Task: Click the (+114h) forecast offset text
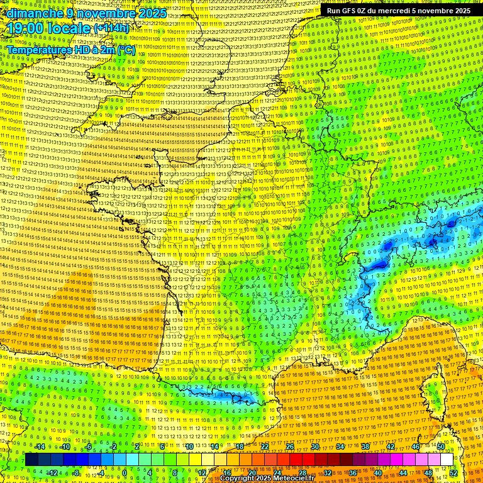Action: click(112, 29)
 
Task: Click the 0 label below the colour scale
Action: click(125, 473)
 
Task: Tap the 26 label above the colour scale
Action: click(290, 447)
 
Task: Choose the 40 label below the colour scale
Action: click(379, 473)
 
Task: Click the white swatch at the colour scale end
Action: click(447, 460)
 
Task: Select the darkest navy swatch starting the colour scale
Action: click(31, 460)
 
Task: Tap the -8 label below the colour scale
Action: click(75, 473)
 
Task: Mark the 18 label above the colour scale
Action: click(240, 447)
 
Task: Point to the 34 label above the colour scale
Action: click(340, 447)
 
